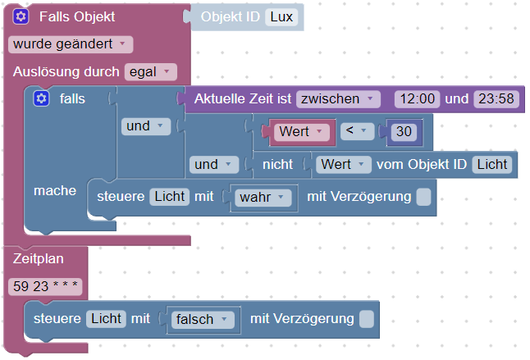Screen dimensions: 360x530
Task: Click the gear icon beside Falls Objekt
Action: (21, 17)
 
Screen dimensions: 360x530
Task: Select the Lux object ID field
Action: (281, 17)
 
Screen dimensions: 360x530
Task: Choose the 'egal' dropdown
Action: (151, 72)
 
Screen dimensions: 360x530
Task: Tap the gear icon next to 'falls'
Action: (42, 99)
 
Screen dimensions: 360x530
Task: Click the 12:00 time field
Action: (417, 99)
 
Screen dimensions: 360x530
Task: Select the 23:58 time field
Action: (496, 99)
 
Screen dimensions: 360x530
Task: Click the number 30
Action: (403, 131)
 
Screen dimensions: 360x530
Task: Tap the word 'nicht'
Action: (278, 164)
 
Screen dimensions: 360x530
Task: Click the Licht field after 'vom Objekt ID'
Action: (491, 164)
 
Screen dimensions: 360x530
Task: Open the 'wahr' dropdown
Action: (263, 197)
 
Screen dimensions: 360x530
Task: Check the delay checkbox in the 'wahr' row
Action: (423, 197)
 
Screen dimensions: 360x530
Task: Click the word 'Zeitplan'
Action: (37, 258)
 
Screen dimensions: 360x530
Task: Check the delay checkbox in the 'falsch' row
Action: (367, 319)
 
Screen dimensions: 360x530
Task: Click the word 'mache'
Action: (55, 190)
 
